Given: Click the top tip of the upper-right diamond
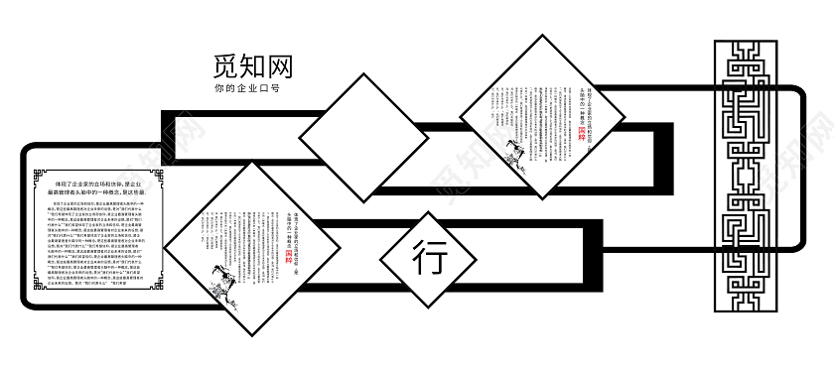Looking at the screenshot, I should coord(542,37).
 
